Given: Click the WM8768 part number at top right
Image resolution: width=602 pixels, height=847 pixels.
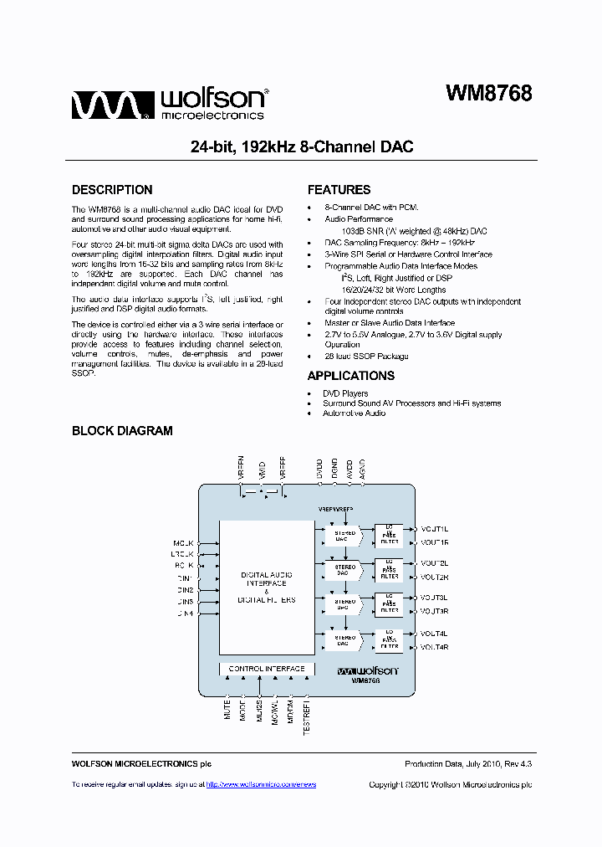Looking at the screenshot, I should pos(488,94).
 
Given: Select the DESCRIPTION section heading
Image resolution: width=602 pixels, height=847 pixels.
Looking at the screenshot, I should pos(112,190).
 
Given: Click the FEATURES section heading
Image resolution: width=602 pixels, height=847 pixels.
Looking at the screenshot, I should pos(339,190).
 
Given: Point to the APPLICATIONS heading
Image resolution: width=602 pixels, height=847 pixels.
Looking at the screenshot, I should pos(350,376).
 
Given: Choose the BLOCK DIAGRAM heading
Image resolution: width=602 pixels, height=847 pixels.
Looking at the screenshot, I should pos(122,431).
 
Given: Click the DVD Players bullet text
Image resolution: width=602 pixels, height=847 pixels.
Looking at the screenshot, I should pos(345,393).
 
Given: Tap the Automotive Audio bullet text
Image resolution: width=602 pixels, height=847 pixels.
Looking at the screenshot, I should pos(354,413).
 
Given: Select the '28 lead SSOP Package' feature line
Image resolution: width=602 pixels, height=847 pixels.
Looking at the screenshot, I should pos(366,356).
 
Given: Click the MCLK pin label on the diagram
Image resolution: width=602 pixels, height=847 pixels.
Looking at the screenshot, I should pos(183,542).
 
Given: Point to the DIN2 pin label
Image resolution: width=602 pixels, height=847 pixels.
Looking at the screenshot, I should pos(184,590).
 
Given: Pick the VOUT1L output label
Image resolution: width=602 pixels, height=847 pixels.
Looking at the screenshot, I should pos(435,529).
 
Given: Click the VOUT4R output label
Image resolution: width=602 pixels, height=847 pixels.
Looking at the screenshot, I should pos(435,647).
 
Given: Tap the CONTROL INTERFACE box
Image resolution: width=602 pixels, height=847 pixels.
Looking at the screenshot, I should pos(267,669).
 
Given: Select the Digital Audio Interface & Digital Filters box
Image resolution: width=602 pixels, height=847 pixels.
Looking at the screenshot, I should pos(267,587).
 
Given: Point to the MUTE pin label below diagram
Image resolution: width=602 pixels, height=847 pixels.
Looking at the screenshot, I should pos(227,711).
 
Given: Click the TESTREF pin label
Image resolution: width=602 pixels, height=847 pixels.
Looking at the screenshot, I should pos(306,718).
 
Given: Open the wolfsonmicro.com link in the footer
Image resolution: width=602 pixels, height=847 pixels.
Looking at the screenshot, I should pos(260,784).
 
